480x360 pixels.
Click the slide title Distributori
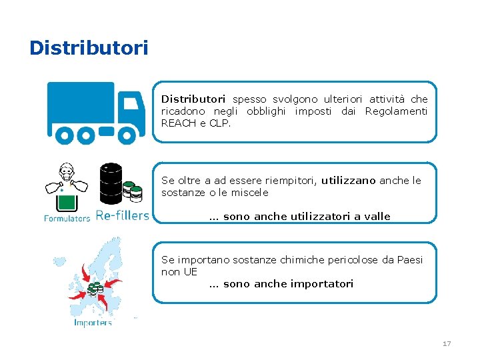pyautogui.click(x=89, y=49)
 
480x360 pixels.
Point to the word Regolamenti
pyautogui.click(x=396, y=111)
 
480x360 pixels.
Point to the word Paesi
pyautogui.click(x=408, y=260)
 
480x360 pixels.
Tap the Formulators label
pyautogui.click(x=67, y=217)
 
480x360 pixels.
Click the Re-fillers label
pyautogui.click(x=123, y=215)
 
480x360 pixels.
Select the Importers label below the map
pyautogui.click(x=93, y=323)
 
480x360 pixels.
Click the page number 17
pyautogui.click(x=447, y=343)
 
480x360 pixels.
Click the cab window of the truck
pyautogui.click(x=131, y=103)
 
